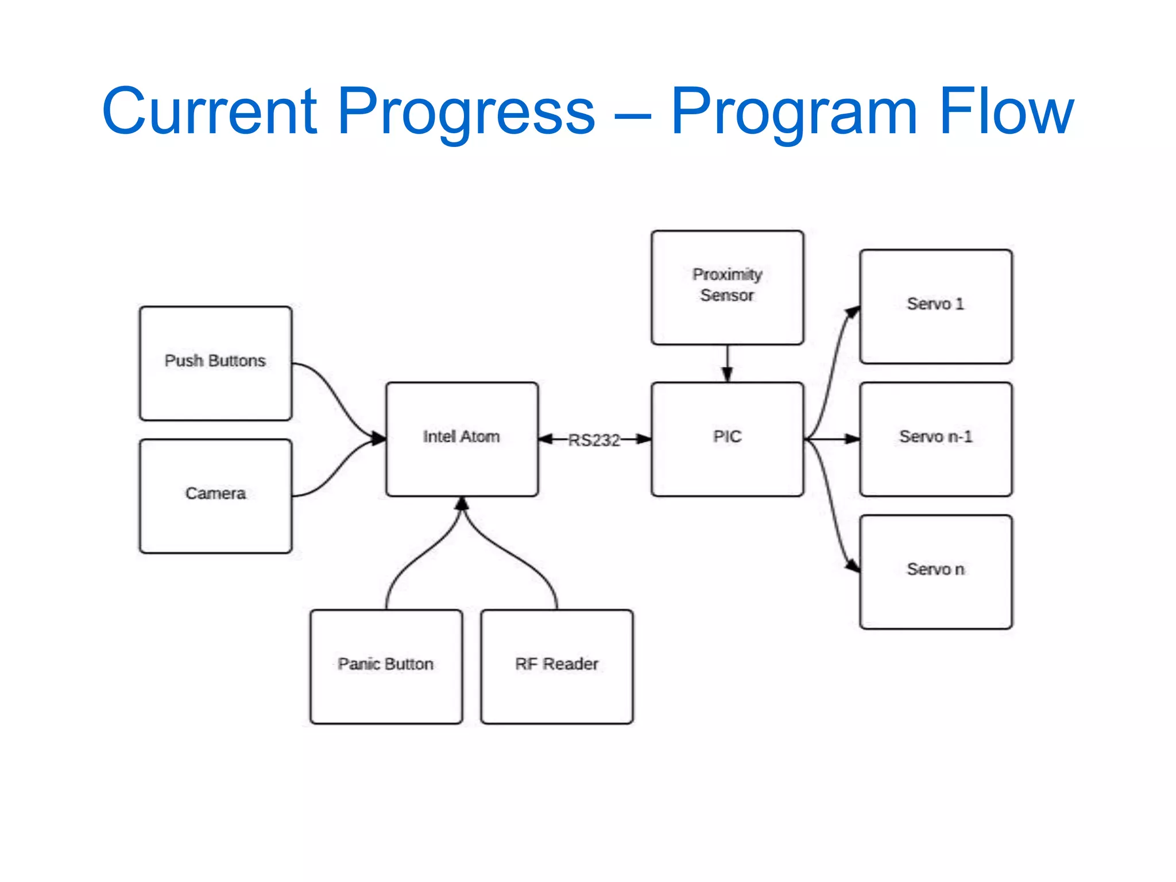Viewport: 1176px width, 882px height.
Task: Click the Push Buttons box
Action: [x=215, y=363]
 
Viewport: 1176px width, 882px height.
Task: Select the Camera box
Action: [x=215, y=496]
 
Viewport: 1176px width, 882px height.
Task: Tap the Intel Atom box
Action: [x=462, y=439]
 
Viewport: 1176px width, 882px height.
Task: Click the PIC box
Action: [x=727, y=439]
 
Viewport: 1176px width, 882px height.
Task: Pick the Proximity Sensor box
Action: [x=727, y=287]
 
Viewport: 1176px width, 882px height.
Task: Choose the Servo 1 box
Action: [x=935, y=306]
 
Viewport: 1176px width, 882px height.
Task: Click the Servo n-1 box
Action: [x=935, y=439]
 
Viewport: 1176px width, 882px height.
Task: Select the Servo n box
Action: [x=935, y=571]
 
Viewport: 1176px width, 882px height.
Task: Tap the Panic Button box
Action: [x=386, y=666]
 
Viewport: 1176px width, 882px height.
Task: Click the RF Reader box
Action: [x=556, y=666]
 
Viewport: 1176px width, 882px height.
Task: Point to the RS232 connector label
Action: [x=594, y=440]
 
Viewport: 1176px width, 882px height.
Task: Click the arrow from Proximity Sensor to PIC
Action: [x=727, y=363]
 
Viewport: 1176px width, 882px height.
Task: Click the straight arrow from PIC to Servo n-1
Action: [x=833, y=439]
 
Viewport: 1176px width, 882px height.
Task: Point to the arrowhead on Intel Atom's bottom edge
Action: [x=462, y=504]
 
